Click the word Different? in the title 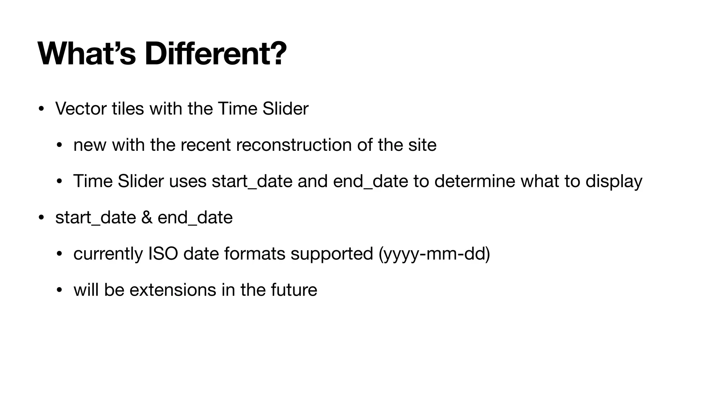point(215,54)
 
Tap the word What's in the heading point(86,54)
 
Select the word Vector point(81,109)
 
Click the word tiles point(128,109)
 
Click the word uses point(188,181)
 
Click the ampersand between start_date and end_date point(147,217)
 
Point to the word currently point(108,254)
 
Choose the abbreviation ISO point(163,254)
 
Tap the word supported point(332,254)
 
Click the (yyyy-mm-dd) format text point(434,254)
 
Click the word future point(294,290)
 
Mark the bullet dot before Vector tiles point(41,109)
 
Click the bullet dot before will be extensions point(59,290)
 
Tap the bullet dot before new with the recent point(59,145)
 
